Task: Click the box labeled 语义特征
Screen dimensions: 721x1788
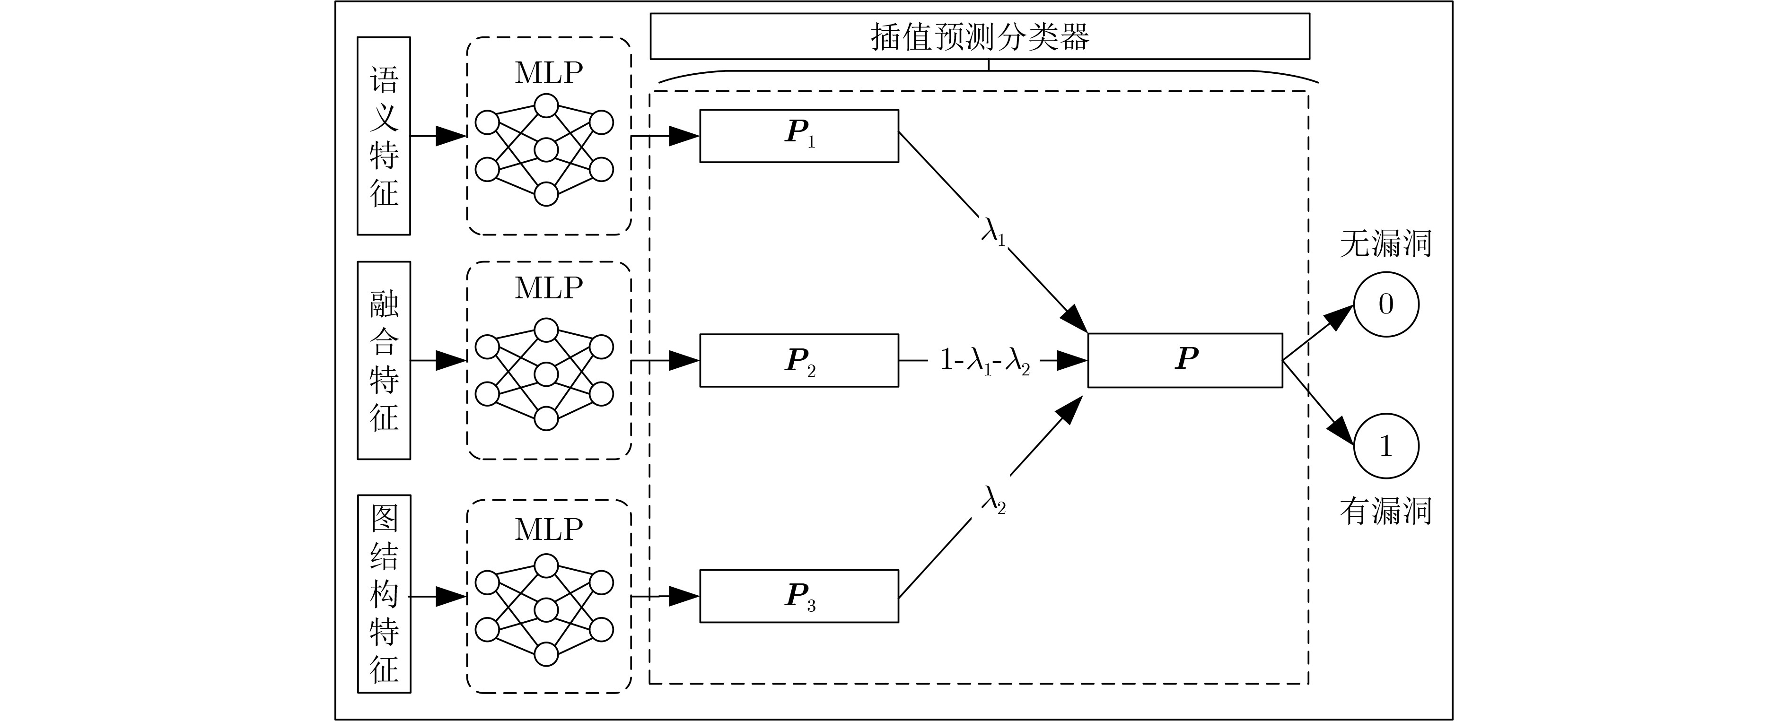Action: [x=383, y=136]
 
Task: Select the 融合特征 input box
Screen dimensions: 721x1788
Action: [x=383, y=360]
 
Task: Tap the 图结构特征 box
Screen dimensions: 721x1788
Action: [x=383, y=593]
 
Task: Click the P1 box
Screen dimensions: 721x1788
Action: [x=798, y=136]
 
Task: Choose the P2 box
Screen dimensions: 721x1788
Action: [x=798, y=360]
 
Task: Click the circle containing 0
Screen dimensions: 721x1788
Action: [x=1385, y=304]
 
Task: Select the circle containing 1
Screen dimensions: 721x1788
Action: [x=1385, y=445]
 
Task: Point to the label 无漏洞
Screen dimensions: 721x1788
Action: [x=1385, y=243]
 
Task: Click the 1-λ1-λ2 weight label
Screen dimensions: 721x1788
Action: [x=984, y=361]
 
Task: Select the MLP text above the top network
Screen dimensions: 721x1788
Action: [x=548, y=73]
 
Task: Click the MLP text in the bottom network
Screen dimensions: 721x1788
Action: [x=548, y=530]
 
